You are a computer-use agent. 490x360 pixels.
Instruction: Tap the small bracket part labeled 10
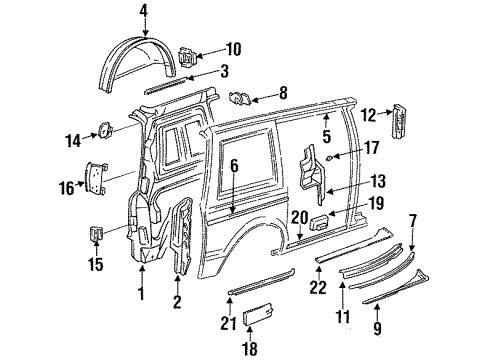click(x=186, y=58)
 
